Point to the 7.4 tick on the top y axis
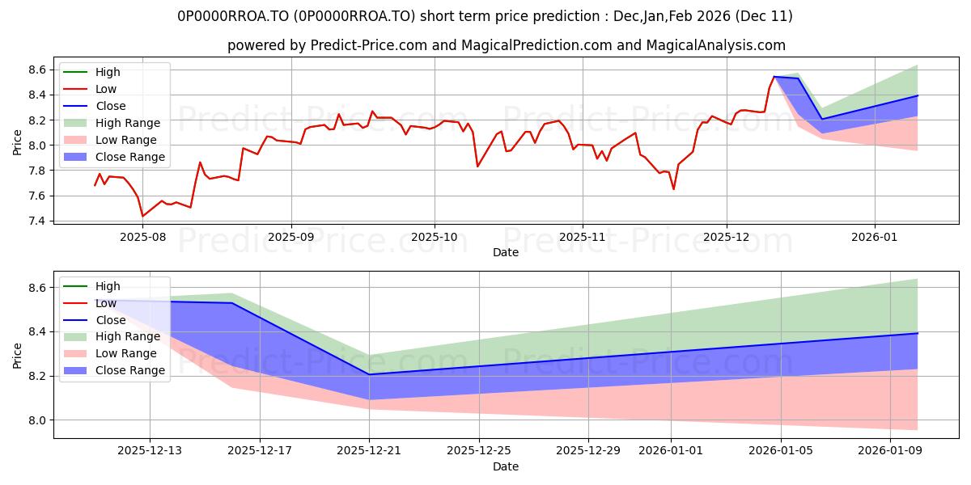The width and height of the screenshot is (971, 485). click(37, 221)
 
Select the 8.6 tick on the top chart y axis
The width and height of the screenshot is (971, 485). click(37, 70)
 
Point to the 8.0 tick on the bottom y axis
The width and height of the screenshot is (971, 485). click(37, 420)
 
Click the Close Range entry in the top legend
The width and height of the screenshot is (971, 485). click(130, 157)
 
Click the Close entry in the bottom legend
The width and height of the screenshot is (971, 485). click(111, 320)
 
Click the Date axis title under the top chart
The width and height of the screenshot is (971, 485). click(506, 253)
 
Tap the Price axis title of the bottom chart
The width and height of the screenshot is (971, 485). click(18, 354)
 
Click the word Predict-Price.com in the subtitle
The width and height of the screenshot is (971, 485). click(370, 46)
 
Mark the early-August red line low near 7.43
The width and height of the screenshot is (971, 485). click(143, 216)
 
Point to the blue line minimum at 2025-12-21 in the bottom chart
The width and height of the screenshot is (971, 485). click(369, 374)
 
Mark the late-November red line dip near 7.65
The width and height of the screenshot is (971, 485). click(673, 189)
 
